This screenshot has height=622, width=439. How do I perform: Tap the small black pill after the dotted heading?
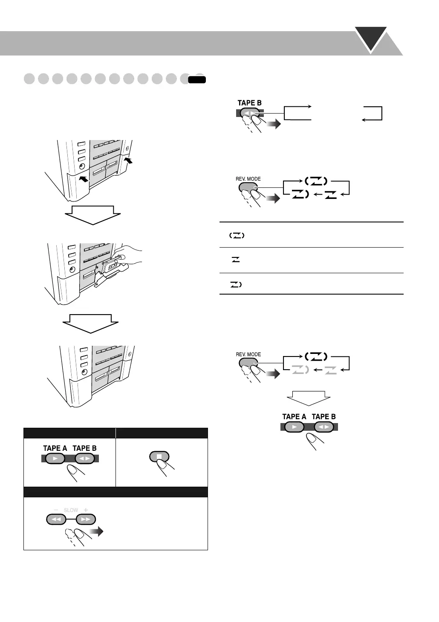click(x=197, y=79)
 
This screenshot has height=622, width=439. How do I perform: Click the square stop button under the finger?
click(x=159, y=456)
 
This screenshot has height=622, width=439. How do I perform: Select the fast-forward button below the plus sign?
click(x=86, y=520)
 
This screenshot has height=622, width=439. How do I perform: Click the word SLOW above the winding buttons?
click(x=71, y=510)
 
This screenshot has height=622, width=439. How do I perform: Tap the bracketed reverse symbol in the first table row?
click(x=237, y=235)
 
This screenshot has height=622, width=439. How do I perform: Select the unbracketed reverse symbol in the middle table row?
click(x=235, y=260)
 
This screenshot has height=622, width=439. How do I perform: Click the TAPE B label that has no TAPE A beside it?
click(x=249, y=103)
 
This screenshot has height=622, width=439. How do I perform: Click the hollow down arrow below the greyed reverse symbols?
click(x=309, y=397)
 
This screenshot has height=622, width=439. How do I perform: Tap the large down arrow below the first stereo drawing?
click(x=92, y=214)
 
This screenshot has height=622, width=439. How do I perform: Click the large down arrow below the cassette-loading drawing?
click(x=90, y=323)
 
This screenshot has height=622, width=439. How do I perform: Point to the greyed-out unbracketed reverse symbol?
click(x=330, y=371)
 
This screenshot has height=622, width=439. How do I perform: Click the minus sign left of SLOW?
click(x=56, y=510)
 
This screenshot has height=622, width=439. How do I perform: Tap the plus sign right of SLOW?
click(x=86, y=510)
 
